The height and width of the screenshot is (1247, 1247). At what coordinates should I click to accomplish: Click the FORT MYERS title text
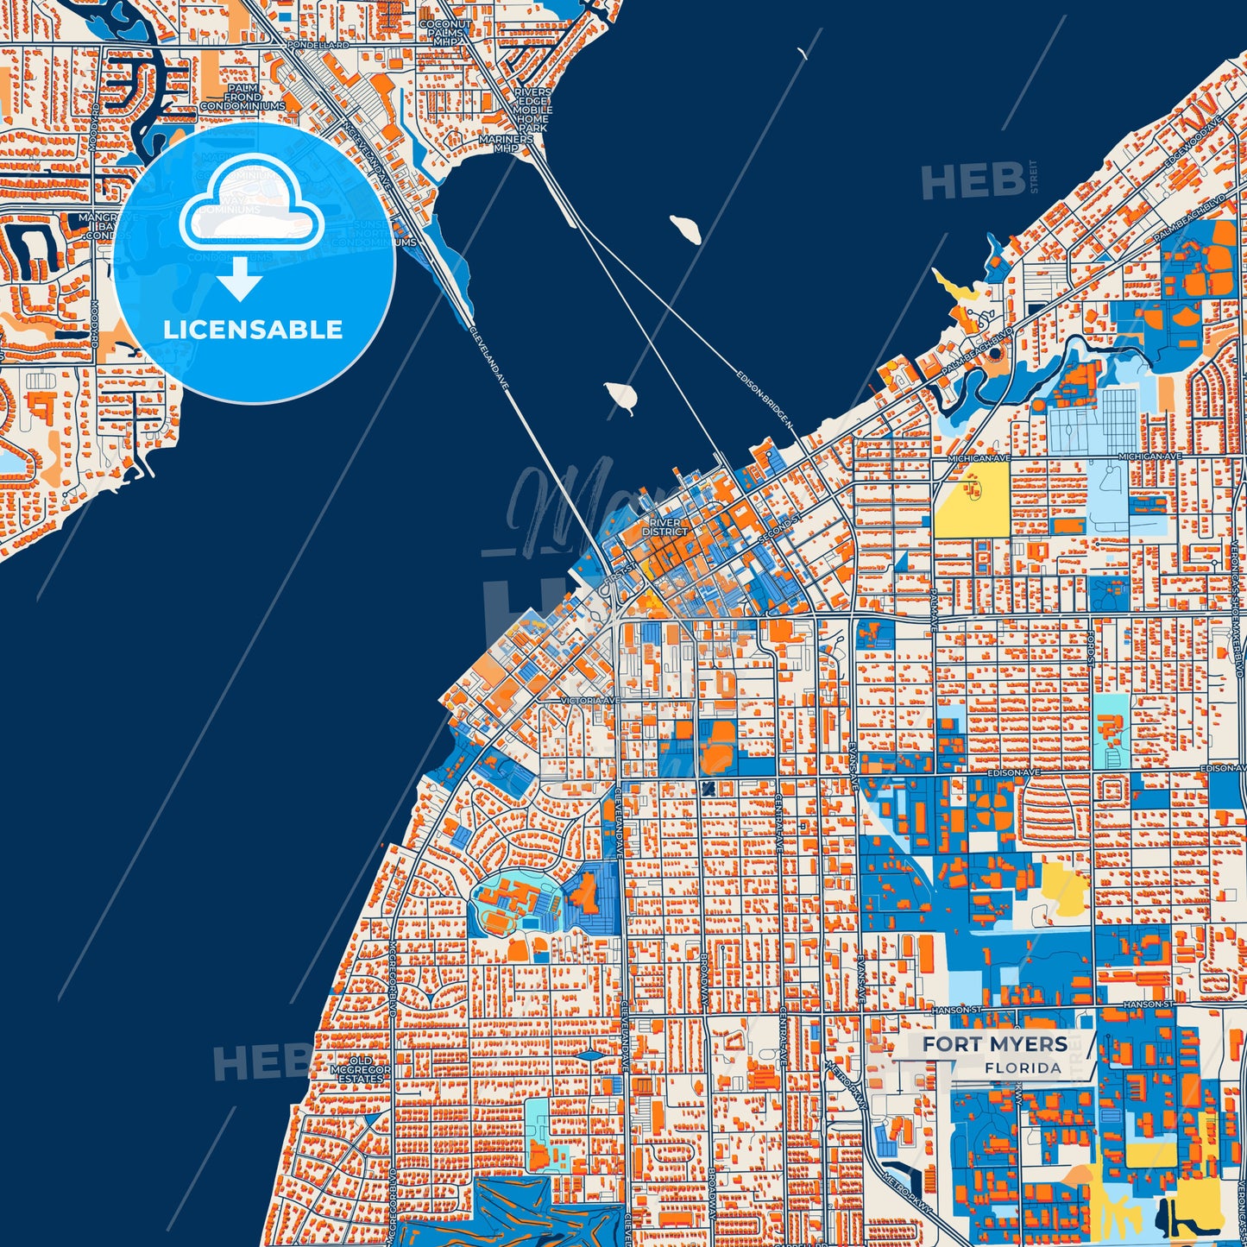click(994, 1044)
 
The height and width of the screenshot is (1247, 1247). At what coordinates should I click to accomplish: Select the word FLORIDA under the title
click(1023, 1068)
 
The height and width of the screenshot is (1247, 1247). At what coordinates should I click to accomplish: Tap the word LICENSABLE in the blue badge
click(253, 330)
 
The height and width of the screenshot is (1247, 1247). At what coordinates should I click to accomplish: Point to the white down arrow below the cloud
click(241, 279)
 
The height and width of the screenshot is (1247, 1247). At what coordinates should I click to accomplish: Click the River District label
click(665, 527)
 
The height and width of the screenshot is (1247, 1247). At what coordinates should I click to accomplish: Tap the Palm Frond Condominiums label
click(242, 98)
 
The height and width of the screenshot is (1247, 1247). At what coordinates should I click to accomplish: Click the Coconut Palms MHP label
click(446, 33)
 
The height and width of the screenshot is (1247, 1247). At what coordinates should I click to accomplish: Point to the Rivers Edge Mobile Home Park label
click(532, 110)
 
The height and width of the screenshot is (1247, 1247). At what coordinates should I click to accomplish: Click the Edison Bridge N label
click(765, 398)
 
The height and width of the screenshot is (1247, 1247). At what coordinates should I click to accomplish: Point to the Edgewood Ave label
click(1192, 139)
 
